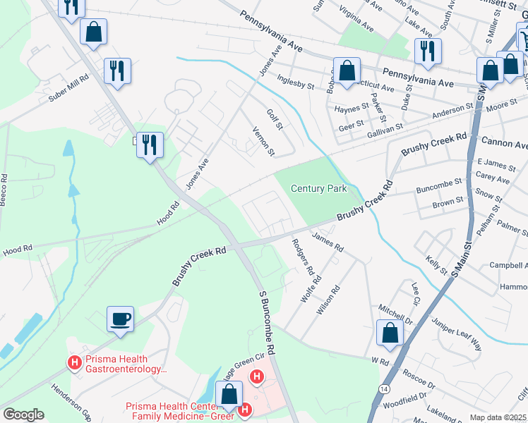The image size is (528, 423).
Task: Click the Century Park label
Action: [x=318, y=188]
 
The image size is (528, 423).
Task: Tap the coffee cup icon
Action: [x=120, y=319]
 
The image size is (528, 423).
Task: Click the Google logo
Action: [x=23, y=415]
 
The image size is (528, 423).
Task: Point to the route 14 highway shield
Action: [x=383, y=388]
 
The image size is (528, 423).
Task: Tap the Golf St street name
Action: [x=274, y=119]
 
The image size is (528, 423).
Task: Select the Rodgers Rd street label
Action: [x=302, y=257]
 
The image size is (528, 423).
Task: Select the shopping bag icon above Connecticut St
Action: [x=347, y=71]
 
